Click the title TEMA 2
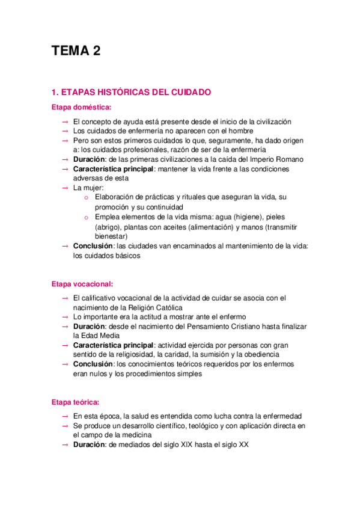[76, 52]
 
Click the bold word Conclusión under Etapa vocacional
[93, 364]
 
